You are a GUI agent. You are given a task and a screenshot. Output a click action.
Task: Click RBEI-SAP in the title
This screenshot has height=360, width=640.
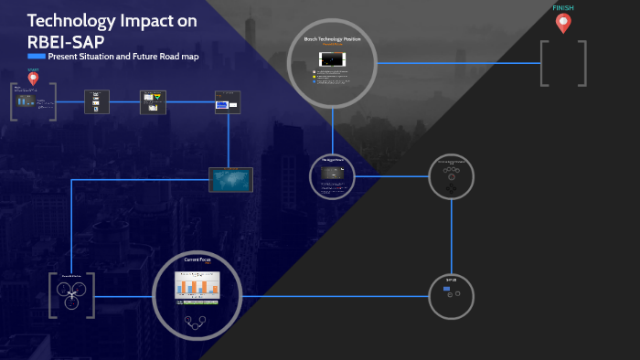(66, 40)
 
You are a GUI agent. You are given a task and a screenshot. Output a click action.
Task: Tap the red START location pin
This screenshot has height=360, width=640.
(34, 79)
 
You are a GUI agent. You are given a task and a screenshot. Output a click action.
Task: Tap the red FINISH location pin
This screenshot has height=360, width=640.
(562, 24)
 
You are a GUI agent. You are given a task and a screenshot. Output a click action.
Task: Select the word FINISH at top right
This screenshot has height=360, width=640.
(563, 8)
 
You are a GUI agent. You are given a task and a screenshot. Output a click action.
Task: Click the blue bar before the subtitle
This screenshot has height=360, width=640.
(37, 57)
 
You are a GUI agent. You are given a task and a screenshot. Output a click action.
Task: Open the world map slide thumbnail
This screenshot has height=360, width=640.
(230, 179)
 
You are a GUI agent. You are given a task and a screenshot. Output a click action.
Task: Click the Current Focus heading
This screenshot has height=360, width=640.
(197, 259)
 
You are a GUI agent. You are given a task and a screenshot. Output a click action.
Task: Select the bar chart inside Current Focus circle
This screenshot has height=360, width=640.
(197, 286)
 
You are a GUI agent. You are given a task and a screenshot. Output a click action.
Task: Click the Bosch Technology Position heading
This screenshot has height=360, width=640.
(332, 39)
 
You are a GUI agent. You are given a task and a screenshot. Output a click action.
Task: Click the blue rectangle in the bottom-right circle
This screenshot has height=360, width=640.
(446, 289)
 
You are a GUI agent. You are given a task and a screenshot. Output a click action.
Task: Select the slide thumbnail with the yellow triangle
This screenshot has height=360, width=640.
(153, 101)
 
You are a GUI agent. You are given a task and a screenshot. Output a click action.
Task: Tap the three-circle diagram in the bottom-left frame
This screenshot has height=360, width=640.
(71, 293)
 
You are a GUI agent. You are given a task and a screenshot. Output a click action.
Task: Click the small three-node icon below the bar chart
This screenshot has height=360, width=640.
(197, 321)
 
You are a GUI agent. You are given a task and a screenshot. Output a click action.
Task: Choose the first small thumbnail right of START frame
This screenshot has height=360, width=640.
(96, 101)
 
